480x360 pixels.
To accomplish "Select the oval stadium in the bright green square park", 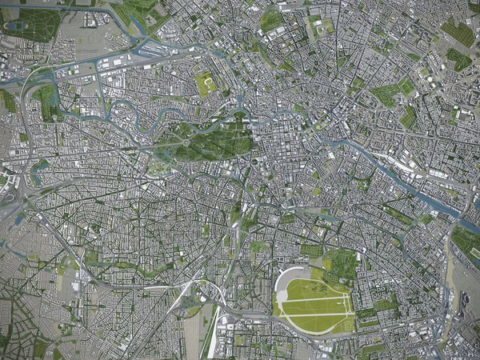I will coord(206,82).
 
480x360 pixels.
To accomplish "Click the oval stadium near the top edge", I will coord(325,26).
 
